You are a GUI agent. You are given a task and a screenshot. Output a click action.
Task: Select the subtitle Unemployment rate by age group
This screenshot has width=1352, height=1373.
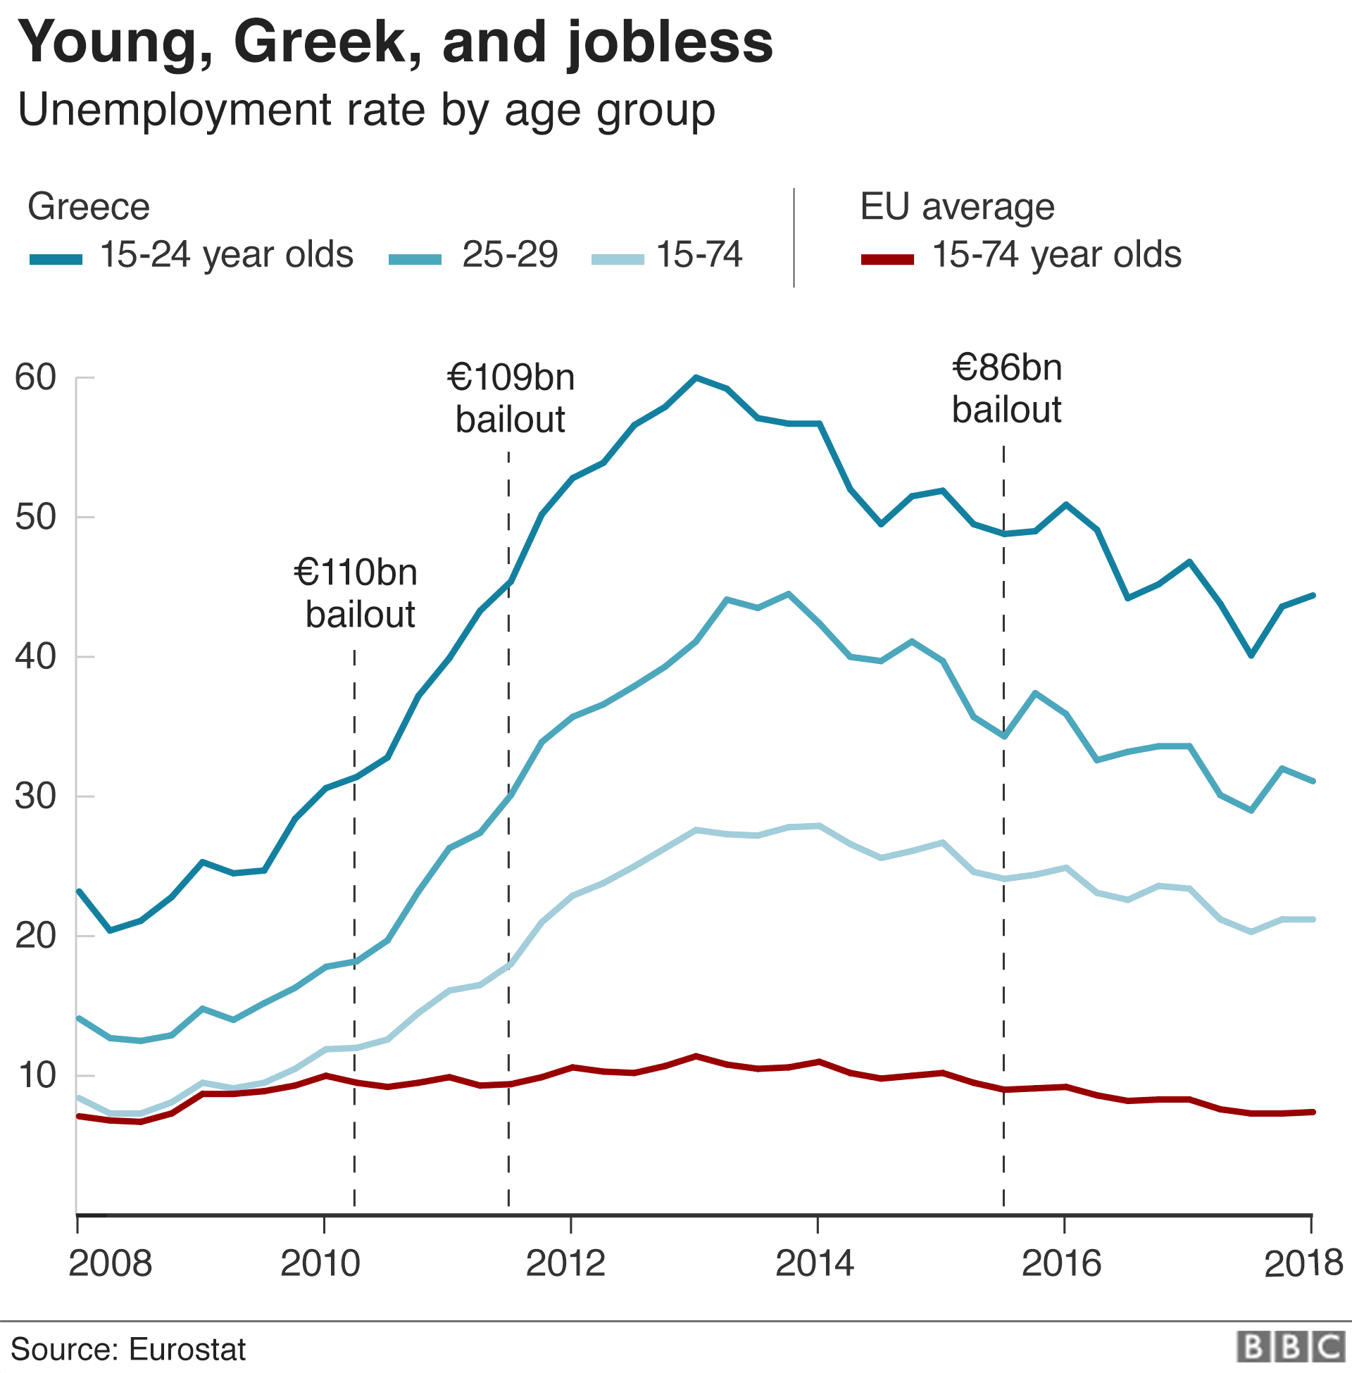(x=365, y=110)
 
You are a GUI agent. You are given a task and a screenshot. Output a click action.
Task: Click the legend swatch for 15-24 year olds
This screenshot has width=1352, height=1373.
(x=56, y=259)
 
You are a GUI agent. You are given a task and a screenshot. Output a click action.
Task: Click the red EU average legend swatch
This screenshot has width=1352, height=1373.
(x=887, y=259)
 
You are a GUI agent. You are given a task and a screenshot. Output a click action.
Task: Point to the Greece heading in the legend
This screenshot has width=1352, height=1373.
(x=89, y=206)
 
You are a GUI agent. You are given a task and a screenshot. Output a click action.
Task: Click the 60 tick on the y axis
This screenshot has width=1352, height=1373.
(x=35, y=377)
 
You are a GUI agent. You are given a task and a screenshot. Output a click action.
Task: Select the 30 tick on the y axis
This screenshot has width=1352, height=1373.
(x=35, y=796)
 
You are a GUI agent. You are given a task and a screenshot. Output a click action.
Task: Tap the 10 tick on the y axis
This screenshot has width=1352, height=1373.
(x=35, y=1076)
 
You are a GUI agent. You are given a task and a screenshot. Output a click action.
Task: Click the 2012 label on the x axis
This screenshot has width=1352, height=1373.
(x=565, y=1263)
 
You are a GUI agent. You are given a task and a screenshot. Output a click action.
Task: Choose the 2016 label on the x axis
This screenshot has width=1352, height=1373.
(x=1061, y=1263)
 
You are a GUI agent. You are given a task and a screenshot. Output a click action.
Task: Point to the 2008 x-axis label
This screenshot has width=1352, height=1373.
(x=110, y=1263)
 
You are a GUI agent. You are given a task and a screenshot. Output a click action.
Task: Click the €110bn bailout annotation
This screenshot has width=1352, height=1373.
(x=356, y=593)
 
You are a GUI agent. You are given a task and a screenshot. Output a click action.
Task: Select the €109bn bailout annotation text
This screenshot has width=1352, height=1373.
(x=511, y=398)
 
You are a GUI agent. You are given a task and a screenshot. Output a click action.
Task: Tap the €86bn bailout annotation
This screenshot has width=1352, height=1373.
(x=1006, y=389)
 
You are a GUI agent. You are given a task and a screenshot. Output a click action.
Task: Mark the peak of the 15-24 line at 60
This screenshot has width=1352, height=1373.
(x=696, y=377)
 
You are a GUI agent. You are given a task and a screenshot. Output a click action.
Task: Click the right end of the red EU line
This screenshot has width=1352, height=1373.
(x=1313, y=1112)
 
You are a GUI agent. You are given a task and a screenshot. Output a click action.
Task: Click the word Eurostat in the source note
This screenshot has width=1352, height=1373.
(x=187, y=1349)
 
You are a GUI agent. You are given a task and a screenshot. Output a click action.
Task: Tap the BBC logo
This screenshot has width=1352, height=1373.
(x=1290, y=1347)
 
